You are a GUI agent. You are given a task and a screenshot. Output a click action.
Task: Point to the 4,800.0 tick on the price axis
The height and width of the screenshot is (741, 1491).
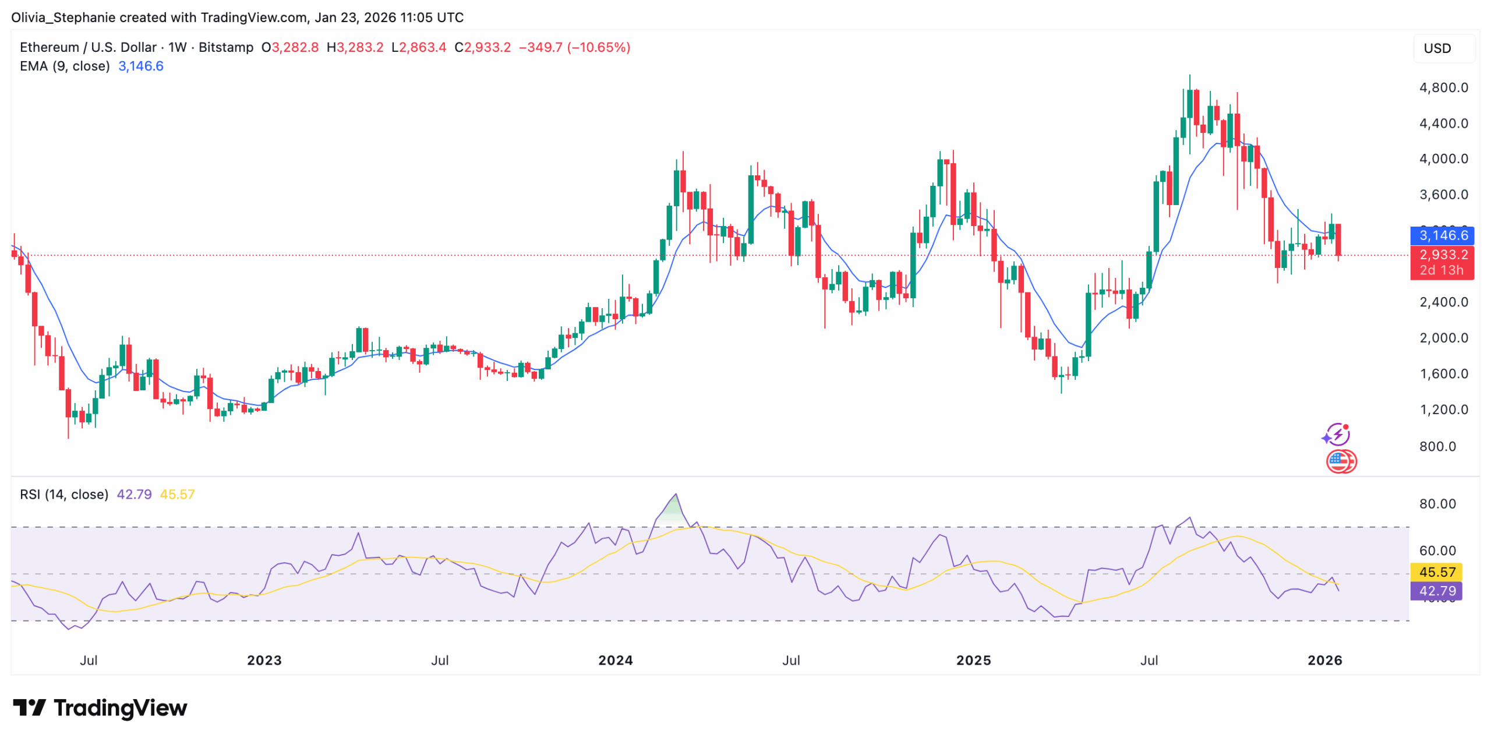1443,87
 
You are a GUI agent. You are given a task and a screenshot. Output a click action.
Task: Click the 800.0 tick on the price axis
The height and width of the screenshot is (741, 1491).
1437,446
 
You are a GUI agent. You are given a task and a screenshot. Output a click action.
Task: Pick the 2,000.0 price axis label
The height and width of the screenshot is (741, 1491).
1443,338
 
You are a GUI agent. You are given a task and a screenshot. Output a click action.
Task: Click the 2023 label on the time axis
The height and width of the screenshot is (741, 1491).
264,660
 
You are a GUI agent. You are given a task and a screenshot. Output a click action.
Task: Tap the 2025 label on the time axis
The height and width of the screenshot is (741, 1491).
973,660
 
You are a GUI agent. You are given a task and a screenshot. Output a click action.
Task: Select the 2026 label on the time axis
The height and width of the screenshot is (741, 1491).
1324,660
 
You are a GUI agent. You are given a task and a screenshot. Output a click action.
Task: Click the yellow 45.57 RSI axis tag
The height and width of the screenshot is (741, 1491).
1436,572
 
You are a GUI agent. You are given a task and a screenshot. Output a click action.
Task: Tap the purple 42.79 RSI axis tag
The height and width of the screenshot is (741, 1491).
1436,591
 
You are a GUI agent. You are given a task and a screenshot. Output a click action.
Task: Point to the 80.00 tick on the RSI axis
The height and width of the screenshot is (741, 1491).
1437,504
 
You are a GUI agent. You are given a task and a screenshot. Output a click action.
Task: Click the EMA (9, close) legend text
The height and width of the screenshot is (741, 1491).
65,66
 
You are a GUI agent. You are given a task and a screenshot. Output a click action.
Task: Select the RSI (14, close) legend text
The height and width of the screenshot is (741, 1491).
64,495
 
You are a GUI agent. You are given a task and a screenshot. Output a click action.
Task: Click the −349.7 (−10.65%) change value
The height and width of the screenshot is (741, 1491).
574,47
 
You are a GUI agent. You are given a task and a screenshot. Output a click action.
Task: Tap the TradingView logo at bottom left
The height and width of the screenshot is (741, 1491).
100,708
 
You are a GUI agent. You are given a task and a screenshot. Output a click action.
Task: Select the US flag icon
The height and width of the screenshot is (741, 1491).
1338,461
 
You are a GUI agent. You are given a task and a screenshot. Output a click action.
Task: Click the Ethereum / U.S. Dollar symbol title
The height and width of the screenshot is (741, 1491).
88,47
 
